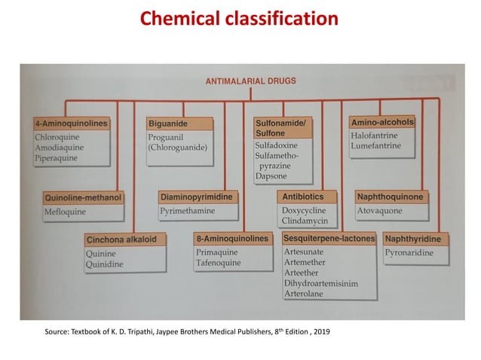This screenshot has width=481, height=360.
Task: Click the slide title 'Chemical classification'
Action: pyautogui.click(x=240, y=17)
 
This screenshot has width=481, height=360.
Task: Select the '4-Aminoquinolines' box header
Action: pyautogui.click(x=72, y=123)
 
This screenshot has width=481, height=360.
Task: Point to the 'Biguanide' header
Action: pyautogui.click(x=168, y=123)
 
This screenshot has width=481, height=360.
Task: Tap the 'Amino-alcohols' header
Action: pyautogui.click(x=382, y=122)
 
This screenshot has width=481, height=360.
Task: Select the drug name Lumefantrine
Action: pyautogui.click(x=375, y=146)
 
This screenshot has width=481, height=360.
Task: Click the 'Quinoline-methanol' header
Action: pyautogui.click(x=84, y=198)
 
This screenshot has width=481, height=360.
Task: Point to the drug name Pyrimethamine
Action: pyautogui.click(x=188, y=212)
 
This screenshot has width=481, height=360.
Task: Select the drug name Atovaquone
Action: pyautogui.click(x=381, y=211)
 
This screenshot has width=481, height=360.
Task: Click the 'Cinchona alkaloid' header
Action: pyautogui.click(x=121, y=240)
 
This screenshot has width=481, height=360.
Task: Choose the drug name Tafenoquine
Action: pyautogui.click(x=219, y=263)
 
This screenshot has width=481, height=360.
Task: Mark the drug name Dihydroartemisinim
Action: pyautogui.click(x=321, y=283)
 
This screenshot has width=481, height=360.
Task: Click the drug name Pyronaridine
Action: pyautogui.click(x=409, y=253)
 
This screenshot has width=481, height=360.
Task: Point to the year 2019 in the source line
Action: pyautogui.click(x=320, y=332)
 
